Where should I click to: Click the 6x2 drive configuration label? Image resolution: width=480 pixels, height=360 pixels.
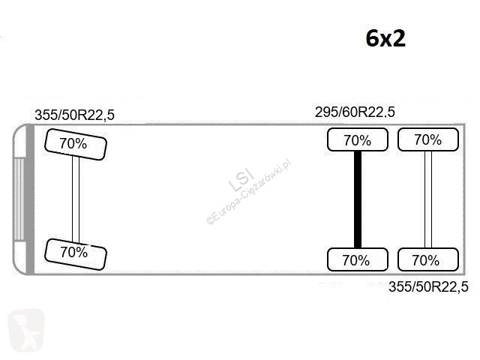point(385,38)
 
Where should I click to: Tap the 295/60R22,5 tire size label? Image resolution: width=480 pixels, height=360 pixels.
point(355,112)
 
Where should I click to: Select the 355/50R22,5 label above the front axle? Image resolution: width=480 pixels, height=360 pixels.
point(75,115)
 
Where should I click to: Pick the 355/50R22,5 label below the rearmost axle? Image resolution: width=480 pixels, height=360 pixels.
point(428,287)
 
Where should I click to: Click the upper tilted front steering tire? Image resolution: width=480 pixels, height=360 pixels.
point(76,145)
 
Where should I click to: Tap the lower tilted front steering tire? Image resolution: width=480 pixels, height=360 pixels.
point(76,254)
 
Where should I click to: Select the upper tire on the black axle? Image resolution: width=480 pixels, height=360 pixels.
point(358,139)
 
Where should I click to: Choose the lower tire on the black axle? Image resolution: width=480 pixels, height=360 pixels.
point(358,259)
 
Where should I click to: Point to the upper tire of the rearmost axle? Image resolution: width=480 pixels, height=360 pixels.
point(428,139)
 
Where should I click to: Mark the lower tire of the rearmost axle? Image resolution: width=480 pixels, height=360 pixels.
point(428,259)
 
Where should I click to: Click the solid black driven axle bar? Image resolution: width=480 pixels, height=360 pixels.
point(358,199)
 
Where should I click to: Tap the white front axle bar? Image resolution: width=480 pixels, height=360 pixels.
point(76,199)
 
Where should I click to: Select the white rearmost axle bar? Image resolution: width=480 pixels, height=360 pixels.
point(428,199)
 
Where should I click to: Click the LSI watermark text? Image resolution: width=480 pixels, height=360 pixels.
point(241,180)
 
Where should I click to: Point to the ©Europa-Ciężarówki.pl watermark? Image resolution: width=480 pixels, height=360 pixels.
point(248,192)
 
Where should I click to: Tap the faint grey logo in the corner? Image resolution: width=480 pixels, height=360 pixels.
point(26,331)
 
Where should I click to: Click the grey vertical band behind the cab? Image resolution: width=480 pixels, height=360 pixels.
point(30,199)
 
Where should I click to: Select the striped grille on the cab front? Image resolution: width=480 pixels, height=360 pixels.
point(19,199)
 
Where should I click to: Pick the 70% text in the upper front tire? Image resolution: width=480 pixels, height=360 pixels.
point(73,143)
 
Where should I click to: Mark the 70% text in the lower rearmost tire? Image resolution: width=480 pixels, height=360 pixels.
point(426,260)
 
